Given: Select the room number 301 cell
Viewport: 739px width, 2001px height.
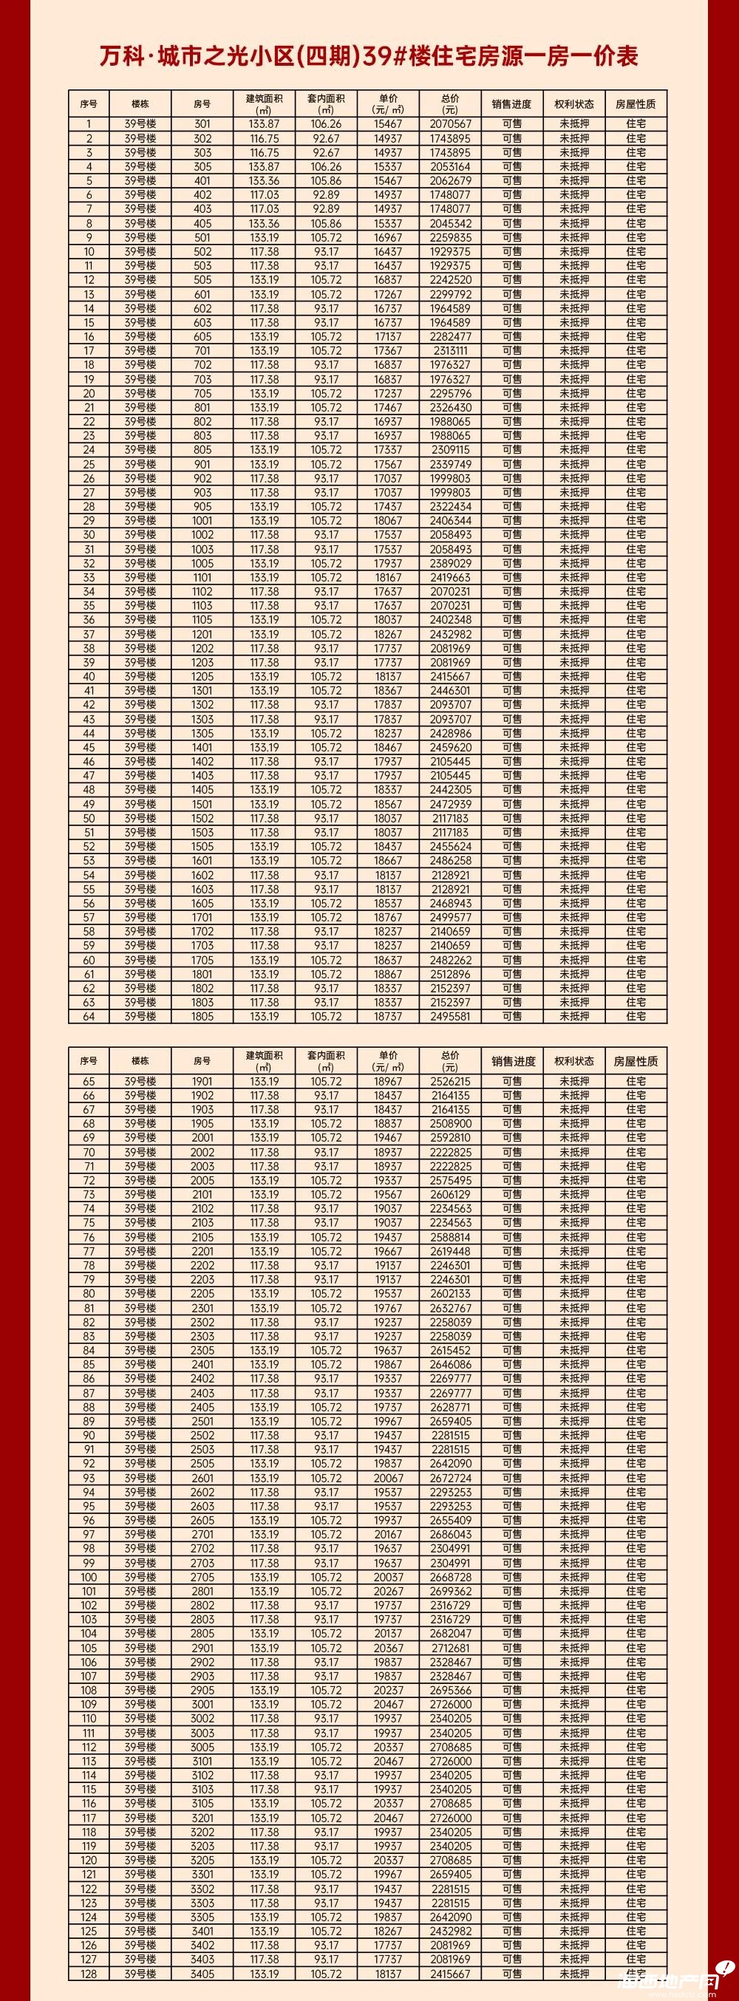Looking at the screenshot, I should [202, 124].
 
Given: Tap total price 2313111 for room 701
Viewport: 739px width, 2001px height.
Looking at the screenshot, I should [450, 351].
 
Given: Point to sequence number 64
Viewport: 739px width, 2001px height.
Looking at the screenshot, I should [89, 1016].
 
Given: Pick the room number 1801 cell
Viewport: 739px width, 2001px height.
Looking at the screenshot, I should [202, 974].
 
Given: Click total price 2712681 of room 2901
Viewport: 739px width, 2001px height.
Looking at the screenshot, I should [450, 1648].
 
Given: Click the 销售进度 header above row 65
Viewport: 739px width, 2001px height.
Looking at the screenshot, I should [512, 1061].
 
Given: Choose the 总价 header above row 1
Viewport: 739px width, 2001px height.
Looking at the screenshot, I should [450, 103].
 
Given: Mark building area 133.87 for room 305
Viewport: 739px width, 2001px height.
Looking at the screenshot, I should [265, 167].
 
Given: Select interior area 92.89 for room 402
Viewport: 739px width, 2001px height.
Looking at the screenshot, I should [326, 195].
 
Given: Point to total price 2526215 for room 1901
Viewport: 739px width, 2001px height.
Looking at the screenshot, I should [450, 1081].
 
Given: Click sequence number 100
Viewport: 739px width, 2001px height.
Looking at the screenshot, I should [89, 1577].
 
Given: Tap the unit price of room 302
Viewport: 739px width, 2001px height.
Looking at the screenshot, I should [388, 138].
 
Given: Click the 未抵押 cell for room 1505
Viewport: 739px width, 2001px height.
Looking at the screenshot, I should [574, 847].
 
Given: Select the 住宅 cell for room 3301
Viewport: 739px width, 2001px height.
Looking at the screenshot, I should [636, 1874].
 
